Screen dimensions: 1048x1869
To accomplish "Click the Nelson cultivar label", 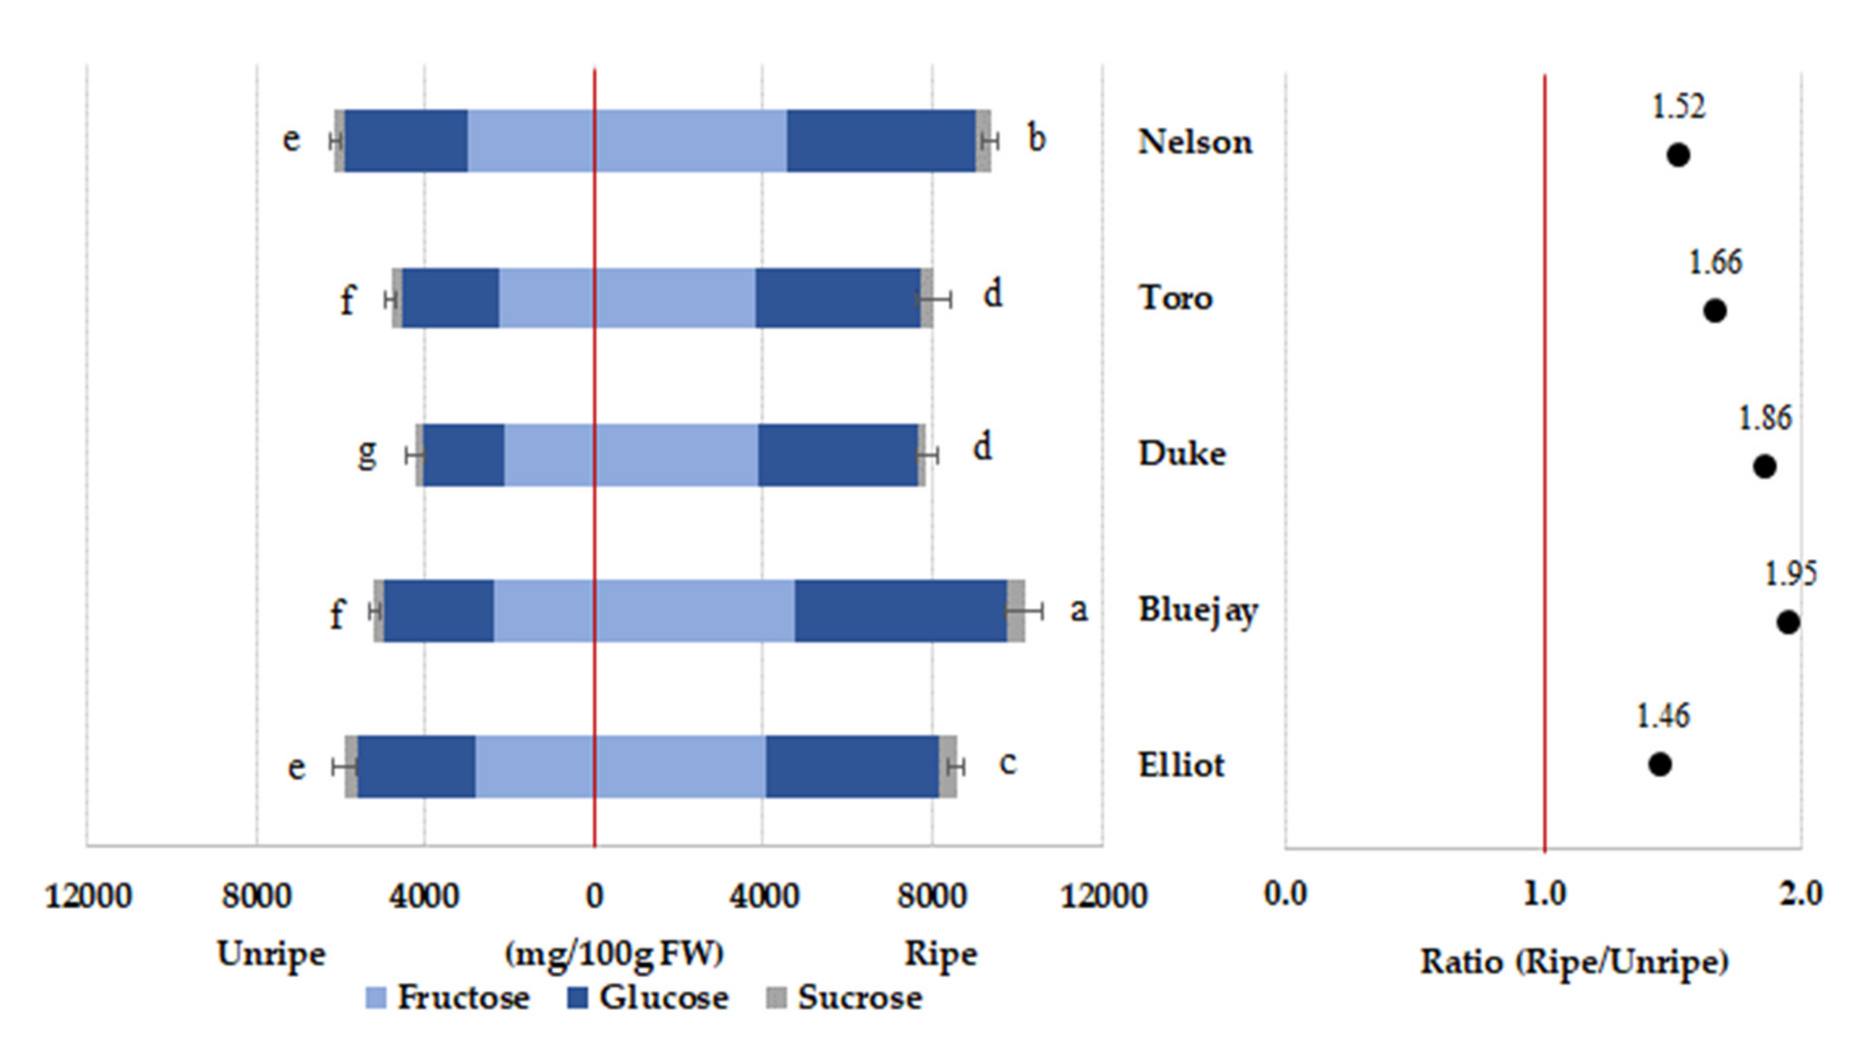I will coord(1194,142).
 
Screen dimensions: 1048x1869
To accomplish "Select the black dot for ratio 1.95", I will coord(1788,622).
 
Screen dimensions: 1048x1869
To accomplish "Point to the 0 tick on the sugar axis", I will coord(594,897).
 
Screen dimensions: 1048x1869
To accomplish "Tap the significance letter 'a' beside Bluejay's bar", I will coord(1079,610).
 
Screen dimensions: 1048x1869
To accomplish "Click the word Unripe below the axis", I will coord(271,954).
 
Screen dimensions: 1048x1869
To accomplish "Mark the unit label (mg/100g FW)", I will coord(614,954).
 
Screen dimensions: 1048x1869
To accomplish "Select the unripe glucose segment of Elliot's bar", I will coord(417,766).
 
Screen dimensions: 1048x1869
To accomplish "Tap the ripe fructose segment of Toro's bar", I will coord(675,298).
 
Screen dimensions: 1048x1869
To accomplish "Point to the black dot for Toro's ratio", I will coord(1714,311).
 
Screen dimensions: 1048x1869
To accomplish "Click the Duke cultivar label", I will coord(1182,453).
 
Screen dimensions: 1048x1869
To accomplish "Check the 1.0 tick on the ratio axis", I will coord(1544,893).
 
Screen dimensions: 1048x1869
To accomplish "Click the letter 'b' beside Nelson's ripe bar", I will coord(1036,138).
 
